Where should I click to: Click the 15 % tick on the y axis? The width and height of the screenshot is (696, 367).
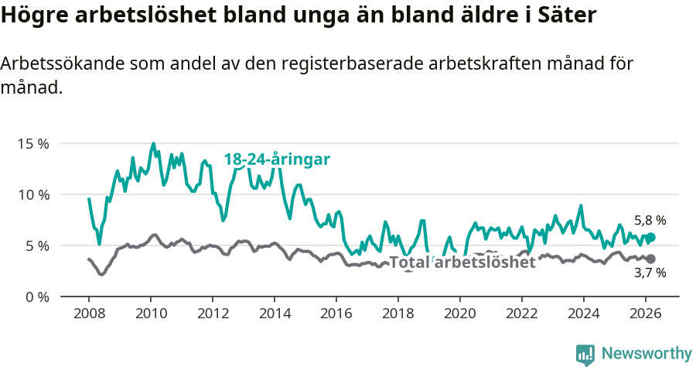[33, 144]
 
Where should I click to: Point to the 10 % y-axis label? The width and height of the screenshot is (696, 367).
[33, 195]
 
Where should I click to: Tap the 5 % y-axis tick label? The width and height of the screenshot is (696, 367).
[36, 246]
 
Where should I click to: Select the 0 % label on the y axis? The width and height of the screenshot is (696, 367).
[36, 297]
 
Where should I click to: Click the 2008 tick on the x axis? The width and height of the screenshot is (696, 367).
[89, 314]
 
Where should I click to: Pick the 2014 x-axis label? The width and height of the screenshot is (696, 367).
[275, 314]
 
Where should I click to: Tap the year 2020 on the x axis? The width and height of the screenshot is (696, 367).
[460, 314]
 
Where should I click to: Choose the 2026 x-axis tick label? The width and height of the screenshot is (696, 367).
[646, 314]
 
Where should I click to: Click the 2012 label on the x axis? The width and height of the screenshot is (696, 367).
[213, 314]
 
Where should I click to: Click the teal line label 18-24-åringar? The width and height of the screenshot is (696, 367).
[277, 159]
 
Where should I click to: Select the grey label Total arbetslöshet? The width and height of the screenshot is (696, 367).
[462, 262]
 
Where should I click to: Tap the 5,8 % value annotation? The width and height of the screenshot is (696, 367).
[650, 221]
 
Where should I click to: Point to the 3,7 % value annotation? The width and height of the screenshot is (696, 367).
[650, 273]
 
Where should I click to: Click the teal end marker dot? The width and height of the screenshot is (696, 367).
[650, 238]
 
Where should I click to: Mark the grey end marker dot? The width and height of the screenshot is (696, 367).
[650, 259]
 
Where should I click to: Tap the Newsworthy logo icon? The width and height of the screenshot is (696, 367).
[585, 355]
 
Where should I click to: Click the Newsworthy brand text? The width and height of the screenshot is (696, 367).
[647, 354]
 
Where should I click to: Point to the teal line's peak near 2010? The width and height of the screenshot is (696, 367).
[153, 143]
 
